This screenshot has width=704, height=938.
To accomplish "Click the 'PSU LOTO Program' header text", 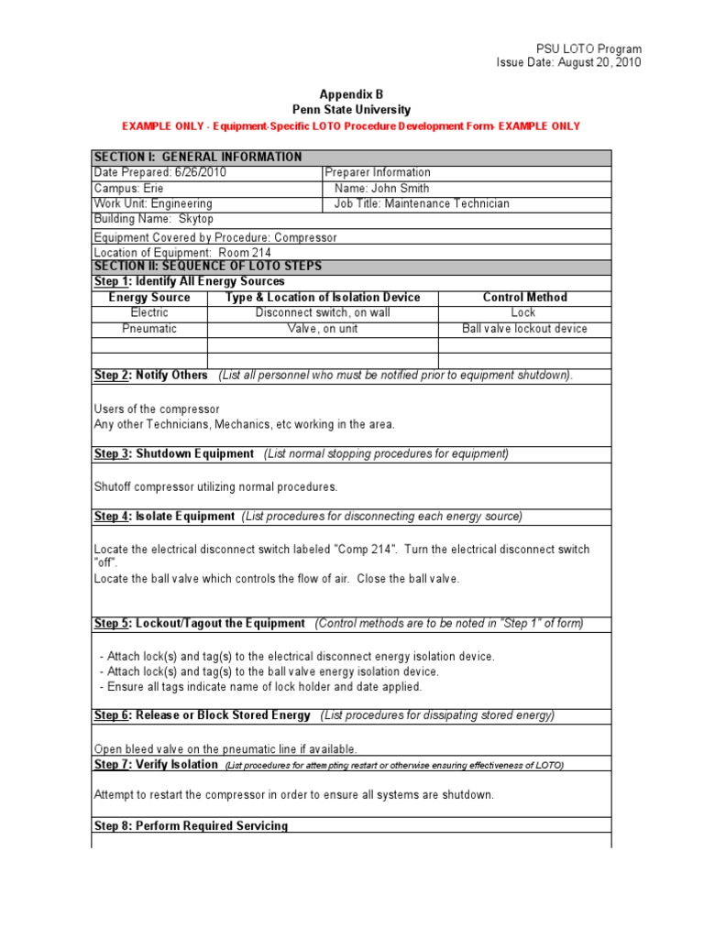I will point(588,49).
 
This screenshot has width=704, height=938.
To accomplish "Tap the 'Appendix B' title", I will point(351,94).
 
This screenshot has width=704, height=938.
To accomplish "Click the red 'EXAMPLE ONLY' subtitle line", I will point(351,125).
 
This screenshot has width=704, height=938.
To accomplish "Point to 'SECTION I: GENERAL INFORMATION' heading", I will point(198,158).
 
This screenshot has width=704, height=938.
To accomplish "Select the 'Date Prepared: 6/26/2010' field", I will point(160,172).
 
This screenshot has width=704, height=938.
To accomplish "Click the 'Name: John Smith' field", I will point(381,188).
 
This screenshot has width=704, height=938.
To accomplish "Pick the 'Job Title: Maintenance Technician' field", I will point(422,203).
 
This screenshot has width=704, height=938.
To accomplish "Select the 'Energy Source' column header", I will point(149,298).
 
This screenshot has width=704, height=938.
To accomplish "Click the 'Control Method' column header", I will point(524,298).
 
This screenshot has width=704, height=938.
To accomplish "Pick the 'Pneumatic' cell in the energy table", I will point(149,328).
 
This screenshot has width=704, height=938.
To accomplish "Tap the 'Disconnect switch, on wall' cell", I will point(323,312).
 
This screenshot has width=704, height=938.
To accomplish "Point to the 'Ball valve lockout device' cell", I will point(524,328).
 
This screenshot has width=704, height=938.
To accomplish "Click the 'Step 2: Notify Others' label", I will point(151,376).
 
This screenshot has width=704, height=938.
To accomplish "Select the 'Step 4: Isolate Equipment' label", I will point(165,517).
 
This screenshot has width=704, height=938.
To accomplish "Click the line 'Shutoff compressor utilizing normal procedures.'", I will point(216,486).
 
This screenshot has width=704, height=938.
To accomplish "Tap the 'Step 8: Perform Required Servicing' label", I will point(191,826).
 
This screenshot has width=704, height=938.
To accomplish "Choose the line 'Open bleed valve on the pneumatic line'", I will point(225,749).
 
